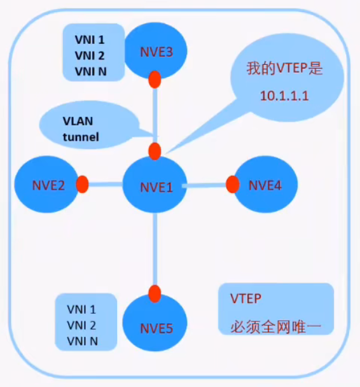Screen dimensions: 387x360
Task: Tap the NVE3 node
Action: [155, 51]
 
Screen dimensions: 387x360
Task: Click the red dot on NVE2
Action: [82, 185]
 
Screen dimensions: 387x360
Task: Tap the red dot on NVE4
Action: [232, 185]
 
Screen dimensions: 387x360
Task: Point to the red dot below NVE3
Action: [154, 80]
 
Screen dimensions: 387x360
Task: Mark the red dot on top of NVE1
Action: [155, 151]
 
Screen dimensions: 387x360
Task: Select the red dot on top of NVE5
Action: [154, 293]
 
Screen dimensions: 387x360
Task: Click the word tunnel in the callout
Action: [81, 136]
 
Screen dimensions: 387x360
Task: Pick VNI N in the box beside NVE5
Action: [83, 341]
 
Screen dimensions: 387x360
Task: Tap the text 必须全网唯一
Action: [277, 328]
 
